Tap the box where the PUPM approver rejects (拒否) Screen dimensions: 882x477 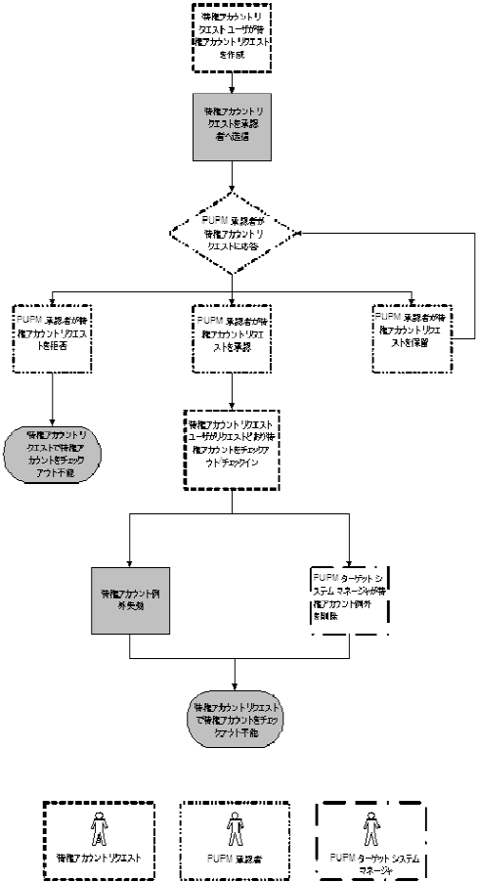click(51, 337)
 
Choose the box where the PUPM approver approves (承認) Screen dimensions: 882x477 click(232, 337)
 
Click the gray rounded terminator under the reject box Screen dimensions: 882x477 click(51, 452)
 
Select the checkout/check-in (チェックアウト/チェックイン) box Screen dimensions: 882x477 click(232, 448)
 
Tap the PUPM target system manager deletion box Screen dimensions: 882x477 click(349, 600)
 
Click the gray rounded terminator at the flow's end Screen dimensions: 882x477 click(236, 725)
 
